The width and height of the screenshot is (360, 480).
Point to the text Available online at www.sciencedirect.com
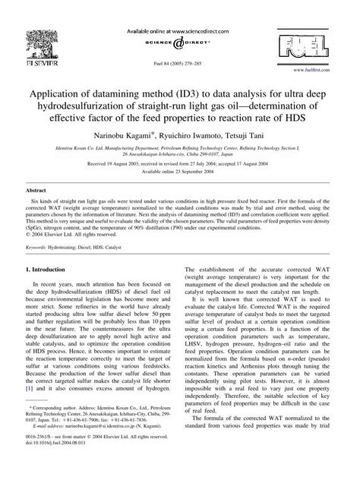tap(180, 10)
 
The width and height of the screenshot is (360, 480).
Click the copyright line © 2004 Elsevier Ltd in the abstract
tap(60, 235)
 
